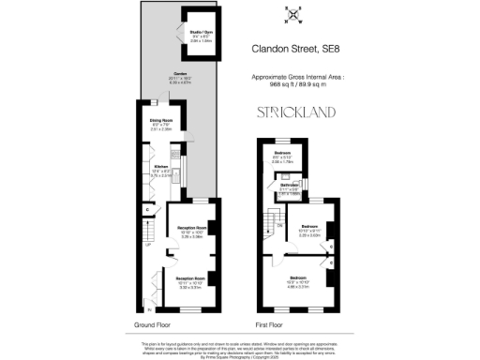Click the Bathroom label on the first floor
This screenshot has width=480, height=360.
click(x=287, y=186)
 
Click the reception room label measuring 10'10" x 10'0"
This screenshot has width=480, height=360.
click(x=190, y=233)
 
